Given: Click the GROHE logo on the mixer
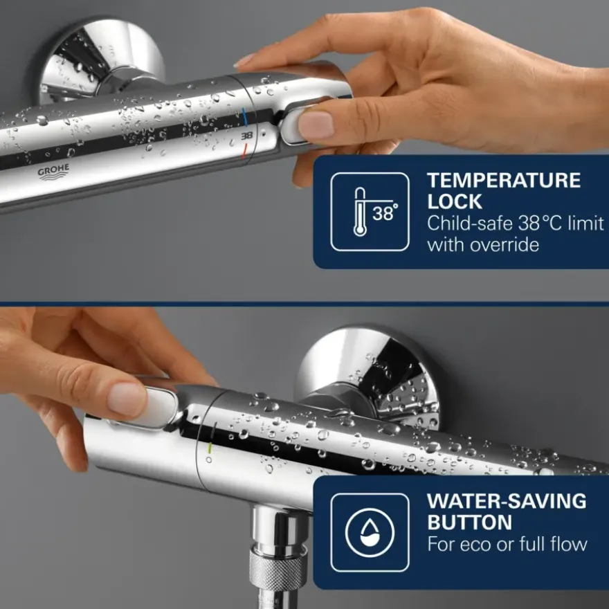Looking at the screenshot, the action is click(53, 172).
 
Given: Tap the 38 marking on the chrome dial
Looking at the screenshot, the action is click(246, 136).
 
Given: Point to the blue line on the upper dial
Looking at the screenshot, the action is click(245, 117).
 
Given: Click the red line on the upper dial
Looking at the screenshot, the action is click(244, 152).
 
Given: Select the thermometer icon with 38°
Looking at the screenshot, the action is click(370, 212).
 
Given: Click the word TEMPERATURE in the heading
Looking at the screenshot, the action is click(504, 181).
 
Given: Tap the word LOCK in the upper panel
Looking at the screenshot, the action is click(455, 201).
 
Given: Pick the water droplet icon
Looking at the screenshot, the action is click(370, 532).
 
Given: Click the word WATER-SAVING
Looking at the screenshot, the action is click(507, 501).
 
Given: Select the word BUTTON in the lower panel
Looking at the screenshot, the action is click(470, 522).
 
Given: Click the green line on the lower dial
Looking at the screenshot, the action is click(209, 448).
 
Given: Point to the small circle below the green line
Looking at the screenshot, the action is click(209, 460).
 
